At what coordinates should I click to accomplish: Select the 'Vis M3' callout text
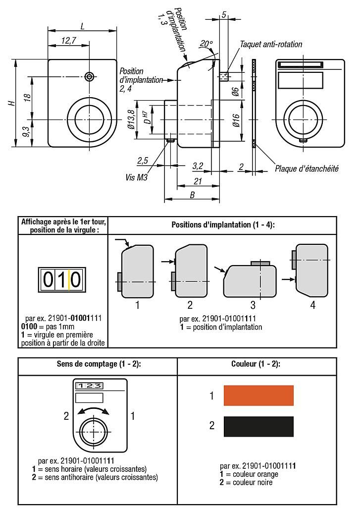point(137,176)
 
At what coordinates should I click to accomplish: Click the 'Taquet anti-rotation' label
point(271,44)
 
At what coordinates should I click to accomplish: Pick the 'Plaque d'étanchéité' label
point(307,169)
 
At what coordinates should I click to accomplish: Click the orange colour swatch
point(258,396)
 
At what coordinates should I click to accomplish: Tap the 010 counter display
point(62,280)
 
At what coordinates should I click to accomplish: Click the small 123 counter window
point(89,386)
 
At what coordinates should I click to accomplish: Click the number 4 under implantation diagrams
point(312,305)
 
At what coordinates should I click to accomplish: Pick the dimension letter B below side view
point(192,195)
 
